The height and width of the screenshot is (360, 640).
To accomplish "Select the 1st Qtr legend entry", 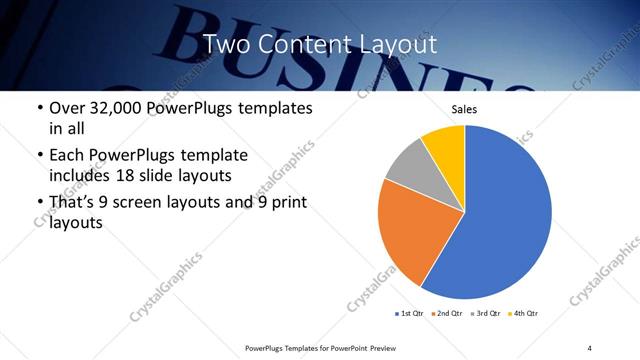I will tap(410, 314).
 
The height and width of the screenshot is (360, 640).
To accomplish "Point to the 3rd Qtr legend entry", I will tap(486, 314).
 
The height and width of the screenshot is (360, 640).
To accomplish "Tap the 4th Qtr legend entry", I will tap(524, 314).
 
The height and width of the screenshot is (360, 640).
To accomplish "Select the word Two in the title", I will tap(224, 45).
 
